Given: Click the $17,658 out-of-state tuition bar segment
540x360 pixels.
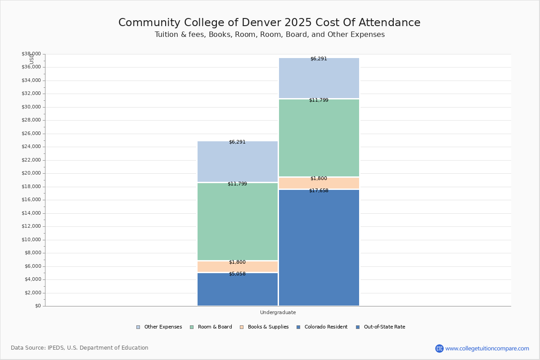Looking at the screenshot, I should coord(319,247).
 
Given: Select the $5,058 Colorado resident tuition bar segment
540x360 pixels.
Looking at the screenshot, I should coord(237,289).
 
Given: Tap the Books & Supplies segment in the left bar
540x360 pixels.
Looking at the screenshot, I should coord(237,267).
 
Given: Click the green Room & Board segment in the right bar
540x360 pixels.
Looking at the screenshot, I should coord(319,138).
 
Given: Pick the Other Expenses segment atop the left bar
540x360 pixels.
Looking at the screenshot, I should coord(237,162).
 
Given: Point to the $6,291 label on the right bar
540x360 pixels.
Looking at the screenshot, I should coord(319,59).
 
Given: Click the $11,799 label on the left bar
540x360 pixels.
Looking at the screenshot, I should coord(237,184).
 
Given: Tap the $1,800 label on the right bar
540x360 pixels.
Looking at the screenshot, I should coord(319,179).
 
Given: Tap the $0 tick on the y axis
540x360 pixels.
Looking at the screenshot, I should coord(38,306).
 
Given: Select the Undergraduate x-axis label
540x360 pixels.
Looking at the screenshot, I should coord(278,312).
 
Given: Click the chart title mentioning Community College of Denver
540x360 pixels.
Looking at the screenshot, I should coord(269,22).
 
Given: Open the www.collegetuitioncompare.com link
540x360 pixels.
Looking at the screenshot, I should coord(487,348).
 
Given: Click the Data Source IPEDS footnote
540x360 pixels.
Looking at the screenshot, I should coord(80,348).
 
